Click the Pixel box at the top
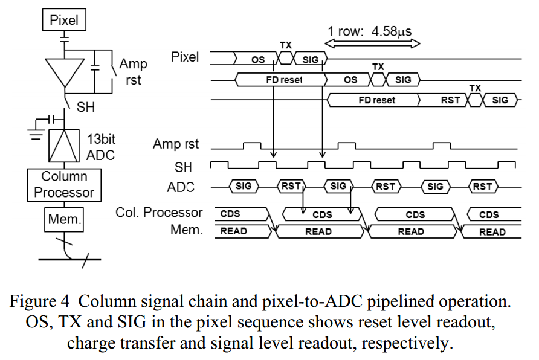click(64, 21)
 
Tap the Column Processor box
click(64, 185)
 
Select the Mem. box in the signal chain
click(64, 220)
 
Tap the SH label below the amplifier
click(85, 108)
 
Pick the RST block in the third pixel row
click(450, 100)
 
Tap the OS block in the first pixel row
click(258, 59)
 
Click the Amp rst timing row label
click(176, 144)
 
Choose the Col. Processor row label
click(159, 213)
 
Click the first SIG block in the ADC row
click(244, 187)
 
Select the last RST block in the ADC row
click(482, 187)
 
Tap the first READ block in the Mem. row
click(233, 231)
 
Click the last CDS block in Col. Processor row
click(489, 214)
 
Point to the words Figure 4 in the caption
click(44, 301)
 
